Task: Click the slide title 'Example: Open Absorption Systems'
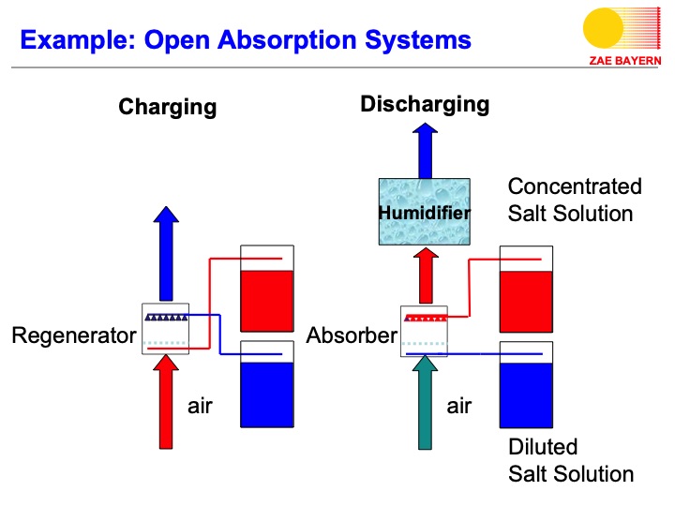click(245, 40)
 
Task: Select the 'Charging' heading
click(167, 107)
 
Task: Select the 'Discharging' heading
click(425, 103)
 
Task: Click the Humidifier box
click(424, 212)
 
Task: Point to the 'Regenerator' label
click(73, 335)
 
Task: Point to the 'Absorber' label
click(352, 335)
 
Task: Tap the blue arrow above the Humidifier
click(424, 149)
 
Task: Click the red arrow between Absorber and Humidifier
click(424, 275)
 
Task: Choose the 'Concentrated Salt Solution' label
click(574, 200)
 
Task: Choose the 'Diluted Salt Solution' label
click(570, 460)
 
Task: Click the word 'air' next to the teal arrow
click(459, 406)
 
